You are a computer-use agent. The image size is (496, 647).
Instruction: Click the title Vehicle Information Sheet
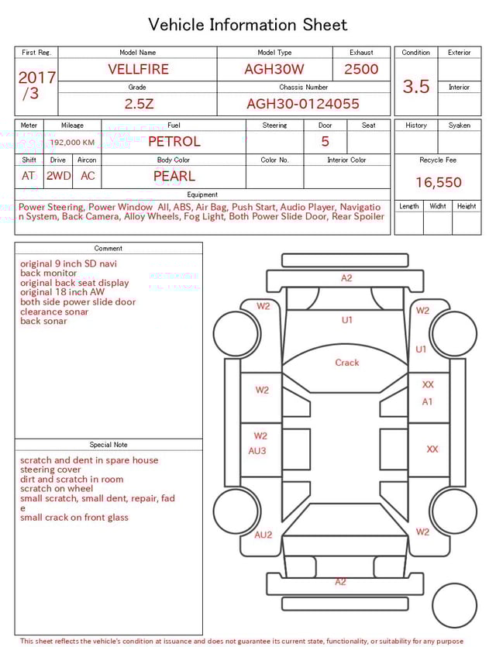[248, 25]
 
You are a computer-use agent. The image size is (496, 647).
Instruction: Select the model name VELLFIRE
[138, 69]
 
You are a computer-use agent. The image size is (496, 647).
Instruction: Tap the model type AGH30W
[274, 69]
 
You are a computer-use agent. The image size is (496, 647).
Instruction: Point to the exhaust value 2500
[361, 69]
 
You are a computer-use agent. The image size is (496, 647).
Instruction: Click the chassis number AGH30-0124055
[303, 104]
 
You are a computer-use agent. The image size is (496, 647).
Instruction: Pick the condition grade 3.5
[416, 87]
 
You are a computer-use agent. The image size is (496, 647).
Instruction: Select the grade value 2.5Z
[138, 104]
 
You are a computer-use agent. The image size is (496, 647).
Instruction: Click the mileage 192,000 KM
[72, 143]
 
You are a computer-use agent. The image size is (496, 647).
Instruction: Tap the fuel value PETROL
[174, 142]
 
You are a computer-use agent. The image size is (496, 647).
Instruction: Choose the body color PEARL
[174, 176]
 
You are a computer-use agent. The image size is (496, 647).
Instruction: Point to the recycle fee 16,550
[439, 183]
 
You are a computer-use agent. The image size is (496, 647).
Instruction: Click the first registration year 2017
[36, 78]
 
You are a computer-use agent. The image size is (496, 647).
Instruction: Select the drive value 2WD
[58, 176]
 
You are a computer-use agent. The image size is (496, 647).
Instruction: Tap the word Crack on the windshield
[347, 363]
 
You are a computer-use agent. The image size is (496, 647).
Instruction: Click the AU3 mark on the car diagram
[257, 451]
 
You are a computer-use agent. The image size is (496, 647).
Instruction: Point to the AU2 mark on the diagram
[263, 535]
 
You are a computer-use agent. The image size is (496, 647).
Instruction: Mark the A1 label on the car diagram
[428, 401]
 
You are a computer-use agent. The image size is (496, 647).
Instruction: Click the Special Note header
[108, 445]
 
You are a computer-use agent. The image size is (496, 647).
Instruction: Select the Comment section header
[108, 249]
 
